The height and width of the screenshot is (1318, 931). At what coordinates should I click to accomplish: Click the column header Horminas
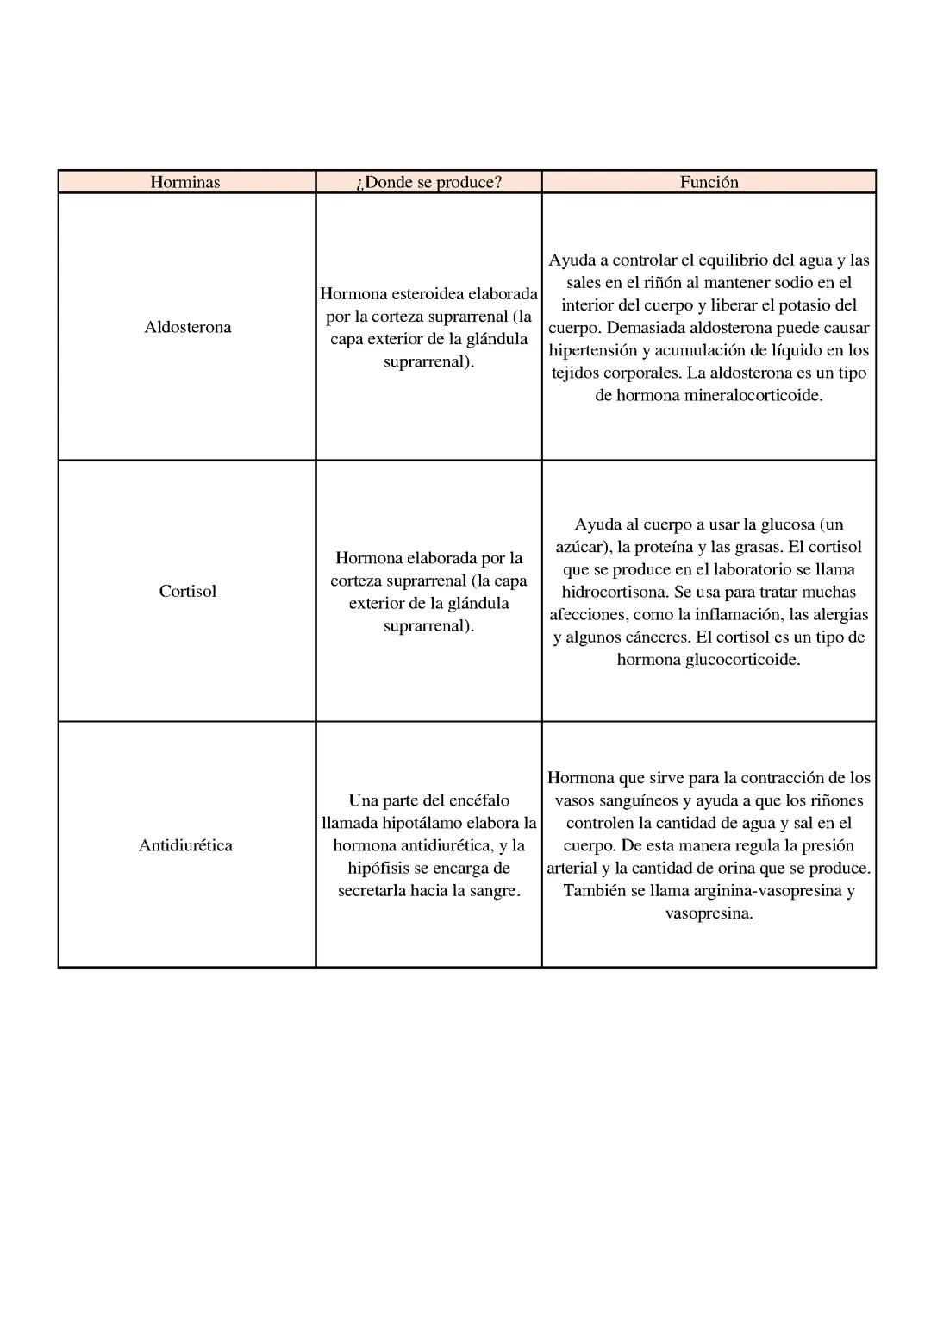[x=185, y=182]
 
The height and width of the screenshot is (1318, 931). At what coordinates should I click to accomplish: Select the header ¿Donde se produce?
[x=428, y=182]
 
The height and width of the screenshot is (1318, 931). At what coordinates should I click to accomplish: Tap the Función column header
[x=709, y=182]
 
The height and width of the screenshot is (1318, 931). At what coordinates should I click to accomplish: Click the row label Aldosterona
[x=187, y=327]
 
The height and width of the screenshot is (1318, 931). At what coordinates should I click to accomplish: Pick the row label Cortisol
[x=187, y=591]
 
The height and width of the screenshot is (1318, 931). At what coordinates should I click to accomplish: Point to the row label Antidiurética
[x=185, y=845]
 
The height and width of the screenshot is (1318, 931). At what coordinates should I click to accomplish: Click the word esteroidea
[x=428, y=294]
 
